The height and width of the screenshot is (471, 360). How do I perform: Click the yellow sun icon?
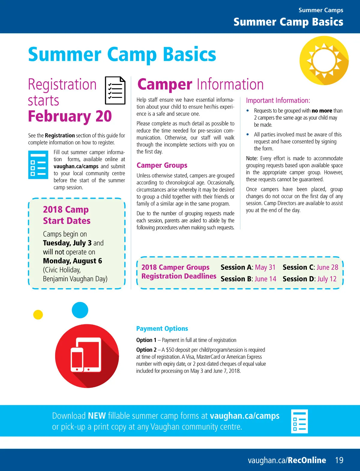click(x=324, y=60)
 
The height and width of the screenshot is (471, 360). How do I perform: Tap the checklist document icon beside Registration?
click(x=115, y=90)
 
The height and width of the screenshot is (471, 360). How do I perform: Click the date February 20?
click(x=70, y=116)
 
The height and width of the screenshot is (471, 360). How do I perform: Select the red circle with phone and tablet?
click(x=87, y=356)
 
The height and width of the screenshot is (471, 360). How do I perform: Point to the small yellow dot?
click(x=38, y=315)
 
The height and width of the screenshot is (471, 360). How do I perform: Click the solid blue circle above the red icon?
click(x=80, y=310)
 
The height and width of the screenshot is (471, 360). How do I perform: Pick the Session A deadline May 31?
click(x=265, y=267)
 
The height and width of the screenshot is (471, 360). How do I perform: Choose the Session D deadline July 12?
click(x=327, y=279)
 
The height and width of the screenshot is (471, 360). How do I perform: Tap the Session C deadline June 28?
click(x=327, y=267)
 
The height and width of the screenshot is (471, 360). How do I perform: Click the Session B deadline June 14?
click(x=265, y=279)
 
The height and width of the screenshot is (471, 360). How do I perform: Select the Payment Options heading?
click(x=162, y=329)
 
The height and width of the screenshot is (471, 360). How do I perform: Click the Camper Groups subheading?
click(x=162, y=165)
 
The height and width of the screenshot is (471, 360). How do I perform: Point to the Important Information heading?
click(x=278, y=101)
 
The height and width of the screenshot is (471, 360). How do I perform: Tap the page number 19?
click(x=339, y=460)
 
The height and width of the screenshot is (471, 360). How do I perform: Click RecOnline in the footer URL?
click(x=307, y=460)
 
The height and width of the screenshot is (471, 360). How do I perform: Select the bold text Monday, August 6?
click(x=73, y=261)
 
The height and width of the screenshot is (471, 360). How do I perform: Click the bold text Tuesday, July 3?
click(x=67, y=243)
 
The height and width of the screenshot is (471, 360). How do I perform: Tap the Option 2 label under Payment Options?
click(x=146, y=350)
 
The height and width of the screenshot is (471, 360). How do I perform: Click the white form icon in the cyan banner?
click(x=299, y=421)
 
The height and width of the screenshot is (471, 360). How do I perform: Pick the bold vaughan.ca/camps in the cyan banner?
click(x=244, y=416)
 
